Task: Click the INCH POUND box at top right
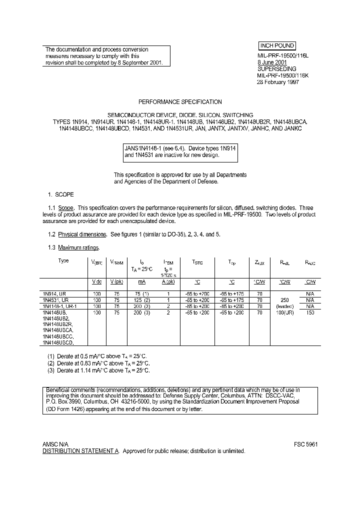tap(277, 45)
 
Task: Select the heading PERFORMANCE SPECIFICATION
tap(180, 102)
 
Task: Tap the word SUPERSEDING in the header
tap(276, 69)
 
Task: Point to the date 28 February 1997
tap(278, 82)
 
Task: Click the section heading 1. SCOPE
tap(60, 194)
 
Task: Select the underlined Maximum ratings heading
tap(78, 247)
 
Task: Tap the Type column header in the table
tap(63, 261)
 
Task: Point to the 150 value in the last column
tap(310, 312)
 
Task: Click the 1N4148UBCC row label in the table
tap(58, 336)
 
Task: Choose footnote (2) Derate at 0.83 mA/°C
tap(99, 363)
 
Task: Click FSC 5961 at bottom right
tap(305, 444)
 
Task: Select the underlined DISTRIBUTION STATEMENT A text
tap(80, 451)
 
